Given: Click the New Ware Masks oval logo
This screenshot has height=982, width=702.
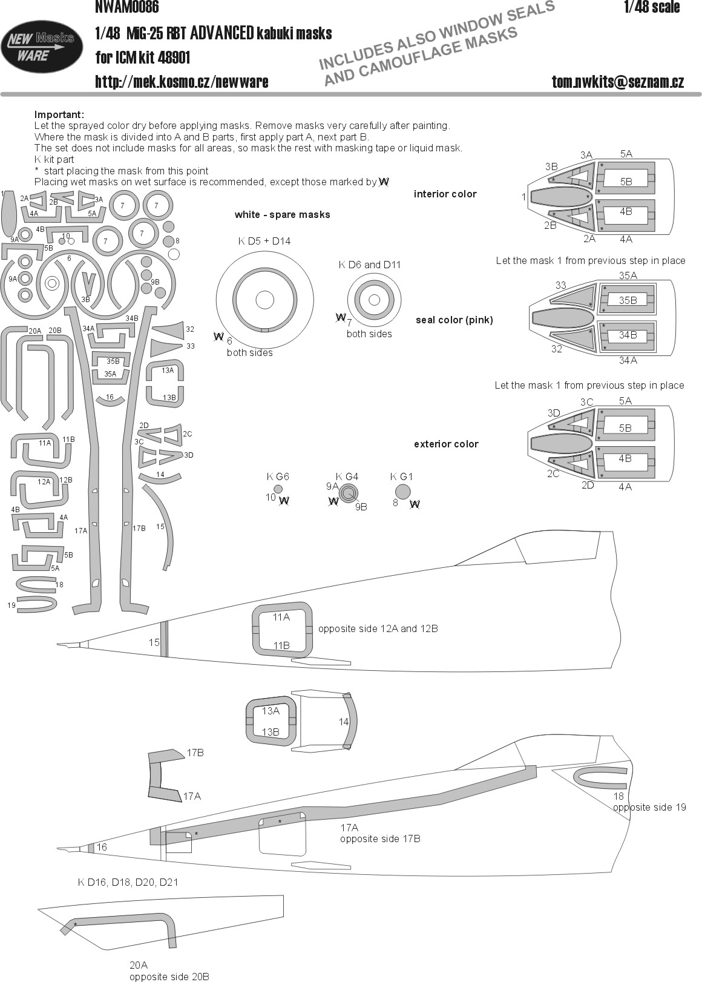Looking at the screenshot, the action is point(42,47).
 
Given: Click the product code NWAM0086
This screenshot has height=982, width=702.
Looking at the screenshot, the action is point(127,7).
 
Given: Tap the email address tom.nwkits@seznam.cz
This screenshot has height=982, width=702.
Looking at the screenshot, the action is point(617,82).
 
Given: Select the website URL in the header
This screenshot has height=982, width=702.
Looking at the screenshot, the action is point(182,82).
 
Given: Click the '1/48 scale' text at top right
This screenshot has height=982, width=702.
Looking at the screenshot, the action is point(652,7).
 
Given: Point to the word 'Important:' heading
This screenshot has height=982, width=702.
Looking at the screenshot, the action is point(59,114).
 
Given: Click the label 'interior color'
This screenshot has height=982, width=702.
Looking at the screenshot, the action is point(445,194).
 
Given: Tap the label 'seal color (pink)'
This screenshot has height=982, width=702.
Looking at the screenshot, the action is point(454,320).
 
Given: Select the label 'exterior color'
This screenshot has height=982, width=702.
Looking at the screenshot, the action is point(445,444).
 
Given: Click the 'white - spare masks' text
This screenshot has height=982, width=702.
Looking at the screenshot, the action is point(282,214).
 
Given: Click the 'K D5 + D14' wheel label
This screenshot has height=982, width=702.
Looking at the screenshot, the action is point(264,241).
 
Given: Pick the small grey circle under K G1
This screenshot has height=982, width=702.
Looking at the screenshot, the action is point(402,492).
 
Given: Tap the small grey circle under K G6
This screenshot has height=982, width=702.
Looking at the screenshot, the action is point(278,489).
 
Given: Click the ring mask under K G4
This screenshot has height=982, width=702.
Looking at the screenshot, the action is point(348,493).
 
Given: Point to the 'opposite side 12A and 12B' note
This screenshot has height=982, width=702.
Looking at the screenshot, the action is point(378,628).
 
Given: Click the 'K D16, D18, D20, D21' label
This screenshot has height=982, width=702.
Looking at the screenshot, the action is point(128,882).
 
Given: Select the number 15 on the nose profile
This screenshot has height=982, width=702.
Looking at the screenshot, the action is point(154,642).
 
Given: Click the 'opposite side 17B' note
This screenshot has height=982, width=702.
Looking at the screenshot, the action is point(380,838).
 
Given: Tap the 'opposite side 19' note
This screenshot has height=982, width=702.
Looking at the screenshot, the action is point(649,807).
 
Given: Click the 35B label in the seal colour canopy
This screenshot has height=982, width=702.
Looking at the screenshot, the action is point(628,300).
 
